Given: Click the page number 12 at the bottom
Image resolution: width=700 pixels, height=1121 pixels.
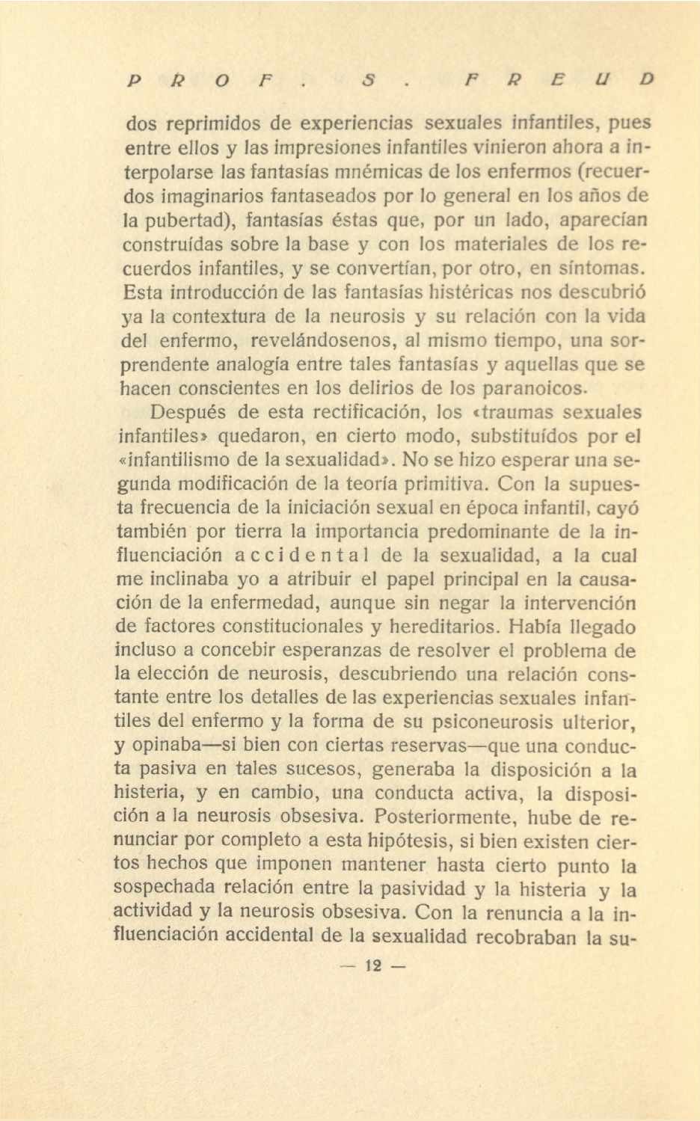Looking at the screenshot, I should coord(373,965).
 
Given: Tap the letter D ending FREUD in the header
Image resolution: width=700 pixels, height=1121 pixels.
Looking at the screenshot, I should coord(647,79).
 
